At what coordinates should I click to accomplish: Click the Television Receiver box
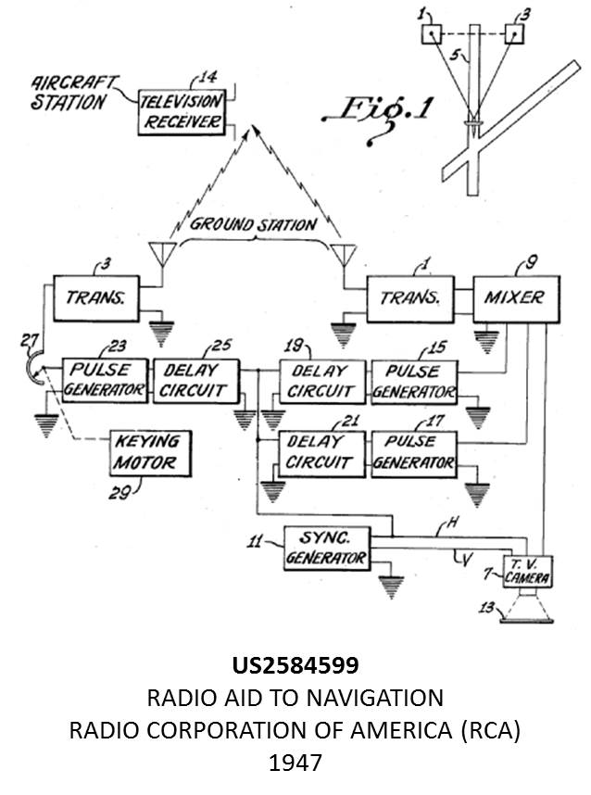point(182,112)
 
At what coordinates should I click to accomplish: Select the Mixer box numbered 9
point(515,298)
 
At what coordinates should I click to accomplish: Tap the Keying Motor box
point(148,450)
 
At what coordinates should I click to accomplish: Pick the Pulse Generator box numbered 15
point(413,381)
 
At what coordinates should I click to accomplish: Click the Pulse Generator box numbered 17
point(413,453)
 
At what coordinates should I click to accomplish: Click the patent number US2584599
point(295,665)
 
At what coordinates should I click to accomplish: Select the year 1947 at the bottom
point(295,763)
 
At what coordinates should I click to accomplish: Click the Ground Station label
point(253,225)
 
